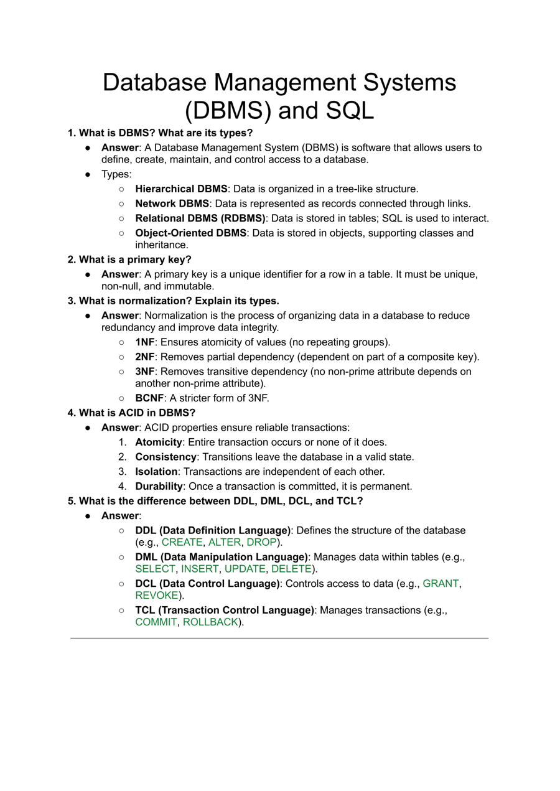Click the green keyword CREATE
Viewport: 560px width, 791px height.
pos(182,542)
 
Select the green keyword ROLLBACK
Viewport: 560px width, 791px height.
pos(210,622)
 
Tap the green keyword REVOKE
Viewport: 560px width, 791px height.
pos(157,595)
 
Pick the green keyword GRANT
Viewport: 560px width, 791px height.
pos(441,583)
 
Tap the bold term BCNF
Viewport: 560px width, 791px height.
pos(149,398)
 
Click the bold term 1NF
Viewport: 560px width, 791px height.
pos(144,342)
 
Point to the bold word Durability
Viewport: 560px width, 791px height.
pos(159,486)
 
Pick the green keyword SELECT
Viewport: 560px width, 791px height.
pos(155,569)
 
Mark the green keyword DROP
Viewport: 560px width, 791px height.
pos(261,542)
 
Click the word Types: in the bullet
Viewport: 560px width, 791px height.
pos(116,174)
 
